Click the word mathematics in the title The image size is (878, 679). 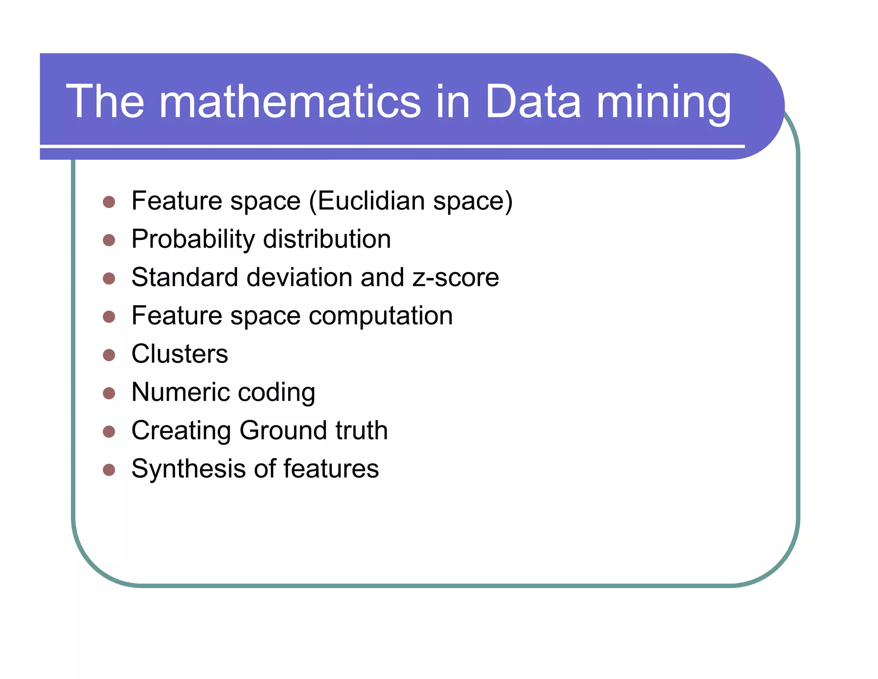coord(290,102)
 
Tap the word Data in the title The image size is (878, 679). coord(533,102)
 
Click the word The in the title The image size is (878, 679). coord(105,102)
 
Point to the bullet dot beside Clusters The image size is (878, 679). coord(109,355)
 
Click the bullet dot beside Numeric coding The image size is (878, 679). coord(109,393)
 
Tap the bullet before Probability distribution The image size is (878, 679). coord(109,240)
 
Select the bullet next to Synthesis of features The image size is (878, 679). coord(109,470)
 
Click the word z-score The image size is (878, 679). coord(456,278)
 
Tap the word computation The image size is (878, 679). coord(380,316)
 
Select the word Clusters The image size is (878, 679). coord(180,354)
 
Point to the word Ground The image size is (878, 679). coord(283,430)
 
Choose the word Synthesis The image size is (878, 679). coord(189,469)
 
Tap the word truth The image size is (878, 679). coord(361,430)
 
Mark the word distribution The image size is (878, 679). coord(327,239)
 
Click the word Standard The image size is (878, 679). coord(185,278)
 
